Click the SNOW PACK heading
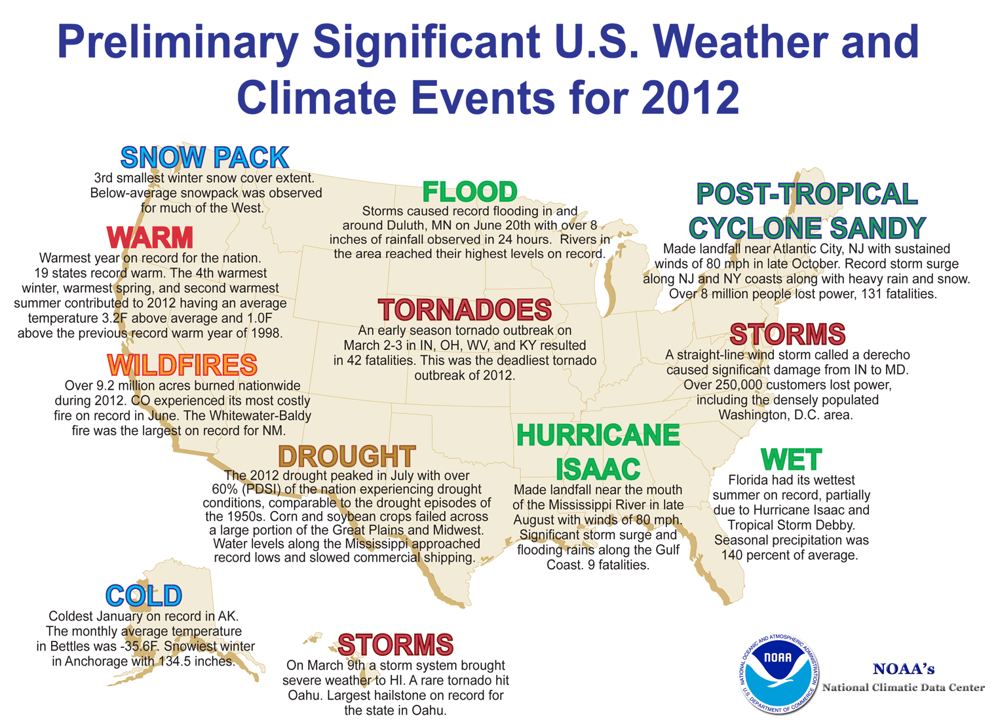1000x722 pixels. tap(204, 158)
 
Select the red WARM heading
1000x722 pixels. tap(150, 238)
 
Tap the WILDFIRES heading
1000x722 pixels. tap(182, 365)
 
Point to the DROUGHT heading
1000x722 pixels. tap(347, 456)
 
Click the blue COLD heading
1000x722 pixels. tap(144, 596)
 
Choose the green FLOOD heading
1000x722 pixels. tap(470, 192)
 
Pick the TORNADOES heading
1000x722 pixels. tap(465, 310)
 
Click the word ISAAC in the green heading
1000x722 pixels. tap(598, 468)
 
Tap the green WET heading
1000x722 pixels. tap(791, 460)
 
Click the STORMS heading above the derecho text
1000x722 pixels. tap(787, 334)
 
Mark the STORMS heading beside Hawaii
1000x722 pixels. tap(395, 645)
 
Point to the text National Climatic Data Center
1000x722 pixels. tap(903, 687)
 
